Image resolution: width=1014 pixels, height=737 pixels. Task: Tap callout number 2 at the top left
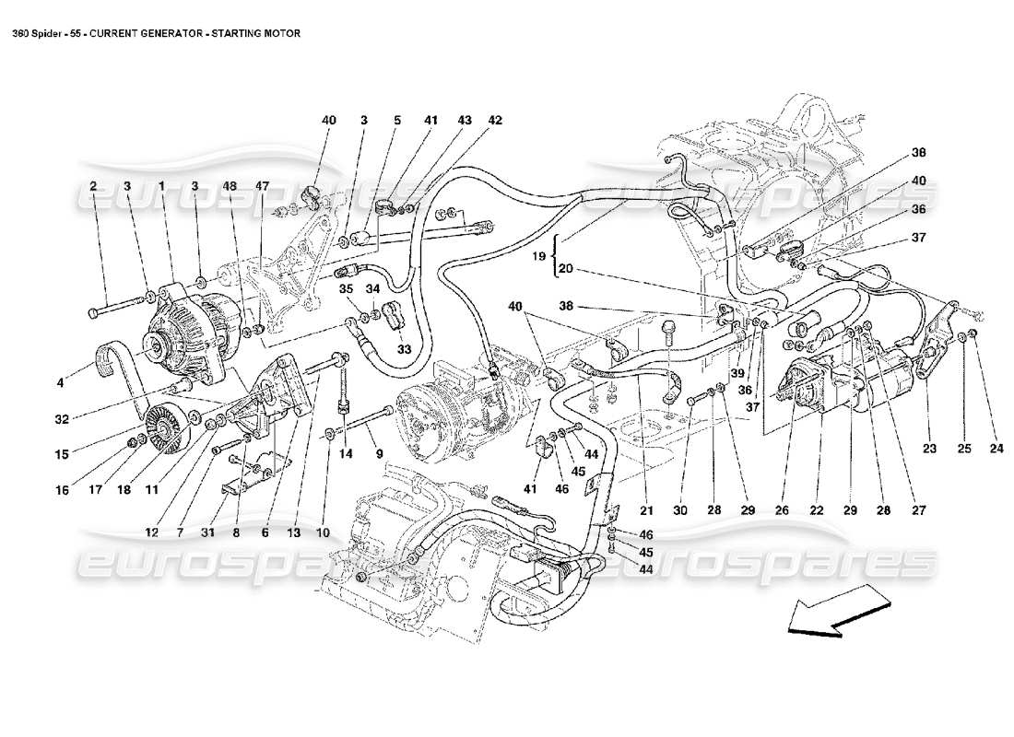93,186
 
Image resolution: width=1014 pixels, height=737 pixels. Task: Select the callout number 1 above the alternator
161,186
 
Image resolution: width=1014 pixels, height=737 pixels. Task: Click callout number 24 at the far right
996,450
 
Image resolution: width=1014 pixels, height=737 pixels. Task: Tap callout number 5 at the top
397,121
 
